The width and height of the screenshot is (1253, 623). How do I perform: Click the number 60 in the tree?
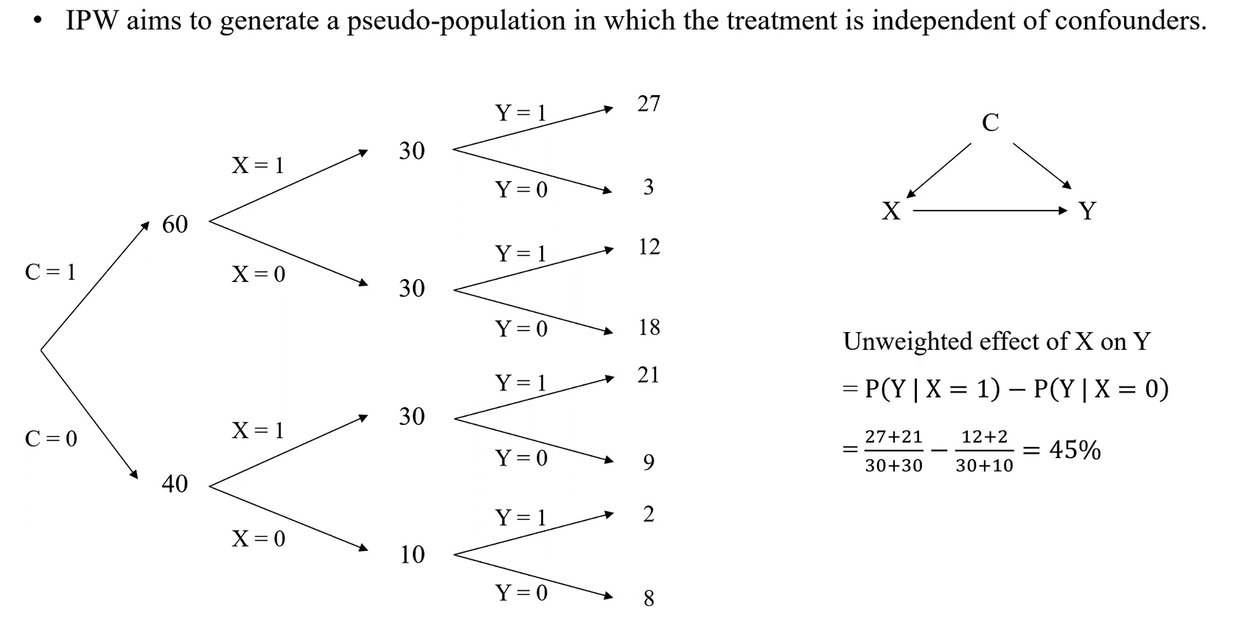click(175, 224)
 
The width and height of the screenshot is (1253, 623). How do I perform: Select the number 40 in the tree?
click(175, 484)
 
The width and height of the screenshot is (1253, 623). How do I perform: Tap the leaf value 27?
click(649, 104)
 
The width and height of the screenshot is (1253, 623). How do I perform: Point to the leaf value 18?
click(649, 327)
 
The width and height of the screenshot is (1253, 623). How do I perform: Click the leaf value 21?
click(649, 375)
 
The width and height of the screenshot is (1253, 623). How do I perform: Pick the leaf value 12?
click(649, 247)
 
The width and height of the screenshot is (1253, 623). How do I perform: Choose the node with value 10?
click(412, 554)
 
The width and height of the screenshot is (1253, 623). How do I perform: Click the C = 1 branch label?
click(50, 272)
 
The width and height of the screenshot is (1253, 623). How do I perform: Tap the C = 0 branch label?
click(50, 439)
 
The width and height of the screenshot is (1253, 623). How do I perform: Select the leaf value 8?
click(649, 598)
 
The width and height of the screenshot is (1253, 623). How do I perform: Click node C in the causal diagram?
click(991, 122)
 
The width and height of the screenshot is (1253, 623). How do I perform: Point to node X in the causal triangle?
click(891, 211)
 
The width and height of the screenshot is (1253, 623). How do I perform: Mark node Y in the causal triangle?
click(1087, 211)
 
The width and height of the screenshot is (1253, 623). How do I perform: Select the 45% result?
click(1075, 449)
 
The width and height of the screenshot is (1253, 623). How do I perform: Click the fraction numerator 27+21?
click(893, 437)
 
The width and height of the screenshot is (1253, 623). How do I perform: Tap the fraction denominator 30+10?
click(984, 465)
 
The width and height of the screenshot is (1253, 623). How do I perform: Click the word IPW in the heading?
click(93, 20)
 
